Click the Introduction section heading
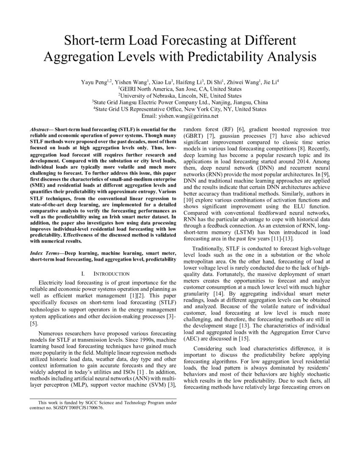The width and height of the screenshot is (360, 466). pyautogui.click(x=108, y=274)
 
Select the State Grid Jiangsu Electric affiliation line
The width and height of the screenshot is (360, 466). pyautogui.click(x=180, y=103)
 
